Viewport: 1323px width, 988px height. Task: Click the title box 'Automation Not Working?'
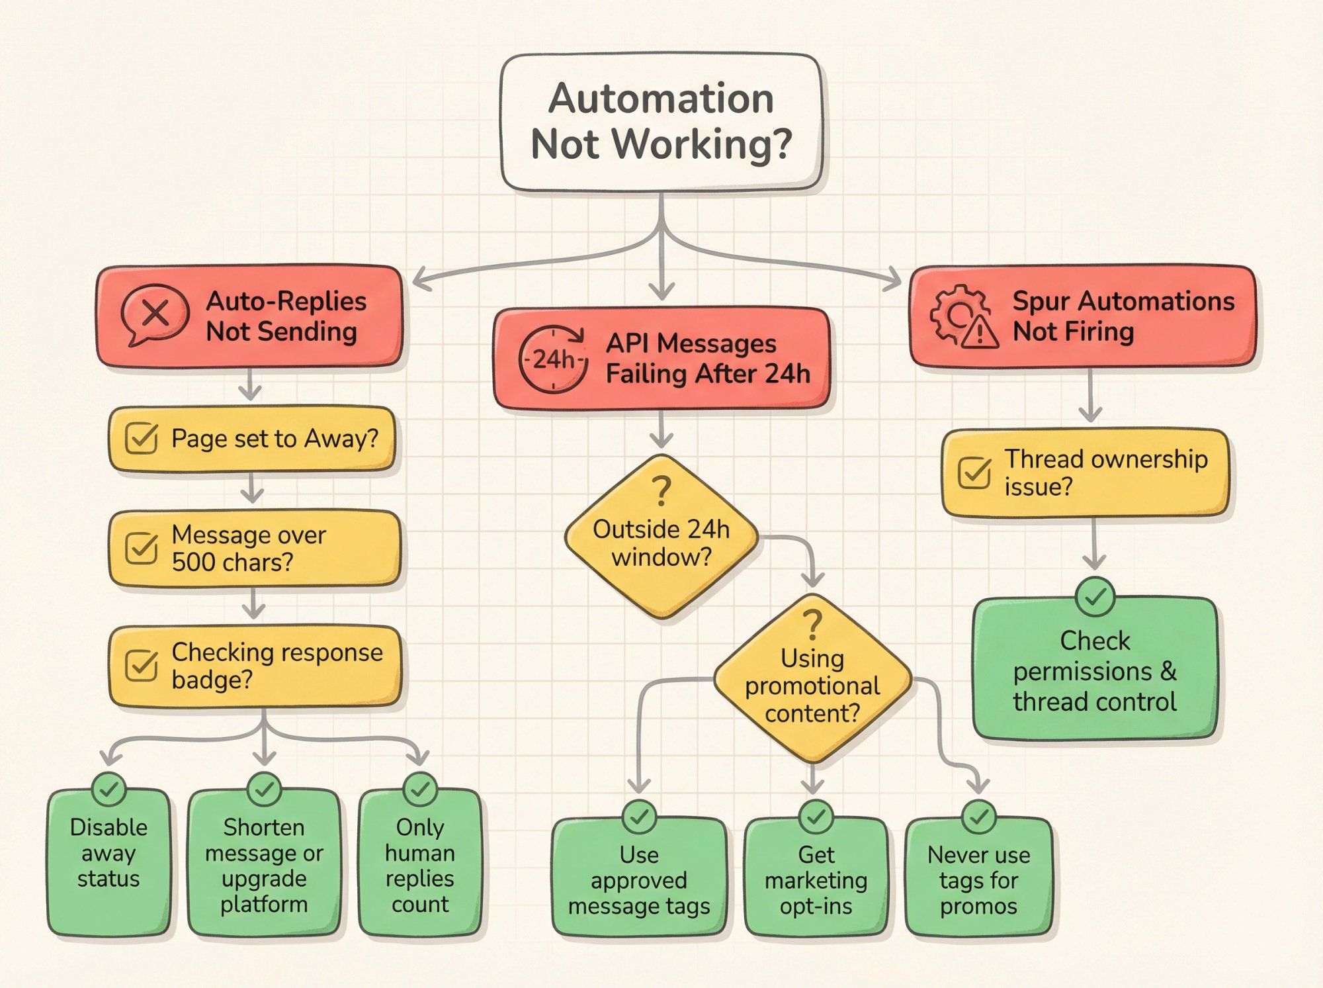(x=661, y=122)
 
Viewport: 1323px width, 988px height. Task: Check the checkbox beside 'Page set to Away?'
(x=141, y=439)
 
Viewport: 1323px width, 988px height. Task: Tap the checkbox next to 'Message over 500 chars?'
(x=141, y=548)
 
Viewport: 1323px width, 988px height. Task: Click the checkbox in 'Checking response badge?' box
(x=141, y=666)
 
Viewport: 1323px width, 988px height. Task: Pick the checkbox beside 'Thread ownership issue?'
(x=974, y=472)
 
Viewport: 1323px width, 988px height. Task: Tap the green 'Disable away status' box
(x=108, y=860)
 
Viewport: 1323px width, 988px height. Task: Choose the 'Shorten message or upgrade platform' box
(x=264, y=864)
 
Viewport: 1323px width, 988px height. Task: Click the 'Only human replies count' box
(x=420, y=864)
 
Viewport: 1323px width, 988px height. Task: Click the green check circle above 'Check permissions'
(x=1095, y=597)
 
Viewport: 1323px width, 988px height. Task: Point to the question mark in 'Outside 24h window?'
(x=661, y=491)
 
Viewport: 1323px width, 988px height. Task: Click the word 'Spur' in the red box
(x=1041, y=302)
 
